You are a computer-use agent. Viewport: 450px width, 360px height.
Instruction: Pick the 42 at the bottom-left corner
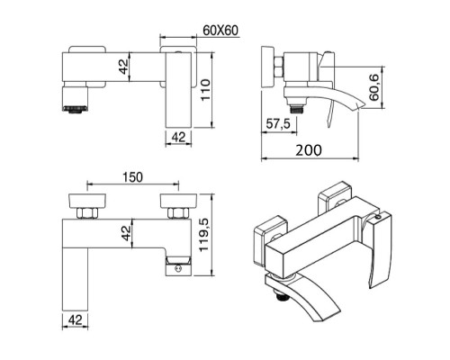(76, 321)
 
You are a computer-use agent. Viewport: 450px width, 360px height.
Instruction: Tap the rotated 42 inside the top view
(128, 66)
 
